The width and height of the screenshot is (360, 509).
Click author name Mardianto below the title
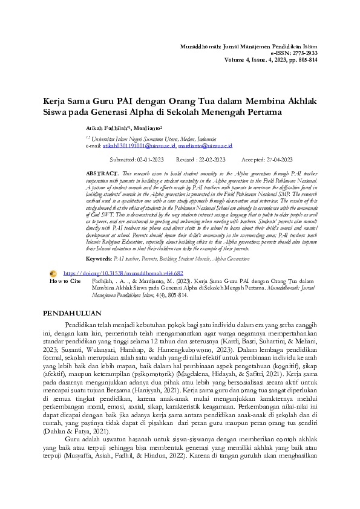tap(143, 129)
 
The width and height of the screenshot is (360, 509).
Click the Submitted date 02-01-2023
tap(151, 160)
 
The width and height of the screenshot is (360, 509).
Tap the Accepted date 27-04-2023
tap(279, 160)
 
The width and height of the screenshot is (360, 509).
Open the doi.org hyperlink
tap(123, 273)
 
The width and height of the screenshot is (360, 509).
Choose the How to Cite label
tap(65, 281)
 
